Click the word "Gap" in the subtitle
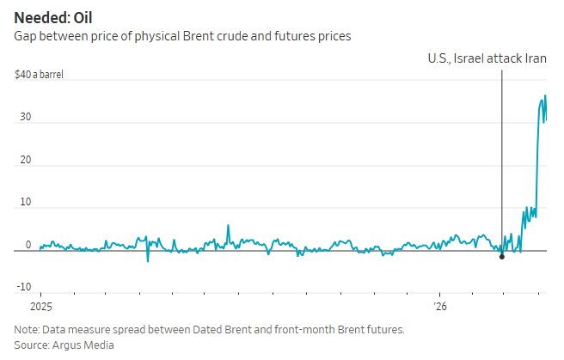point(25,36)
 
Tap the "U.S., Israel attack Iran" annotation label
point(487,58)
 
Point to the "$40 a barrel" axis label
point(39,75)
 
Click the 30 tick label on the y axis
point(26,118)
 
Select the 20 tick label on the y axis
point(26,160)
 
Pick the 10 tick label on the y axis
point(26,202)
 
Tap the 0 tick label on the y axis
point(28,245)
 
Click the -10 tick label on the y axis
point(24,287)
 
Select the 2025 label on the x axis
point(41,306)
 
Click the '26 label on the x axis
point(439,306)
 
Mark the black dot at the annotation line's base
point(501,257)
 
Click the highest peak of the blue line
point(544,96)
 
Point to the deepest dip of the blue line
point(148,260)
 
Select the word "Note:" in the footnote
point(28,329)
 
